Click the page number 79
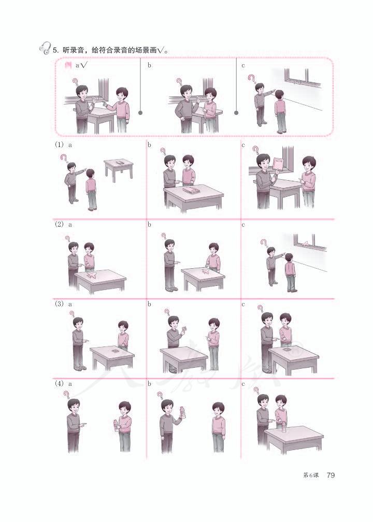point(331,475)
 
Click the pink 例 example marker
point(68,65)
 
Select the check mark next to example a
point(83,65)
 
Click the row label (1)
point(59,145)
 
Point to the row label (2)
point(59,224)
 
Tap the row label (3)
point(59,304)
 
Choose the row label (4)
point(59,384)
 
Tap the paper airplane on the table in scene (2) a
point(92,275)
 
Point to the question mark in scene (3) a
point(71,314)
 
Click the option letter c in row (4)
point(243,384)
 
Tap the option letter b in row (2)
point(149,225)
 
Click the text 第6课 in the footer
point(311,475)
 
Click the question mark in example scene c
point(251,79)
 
